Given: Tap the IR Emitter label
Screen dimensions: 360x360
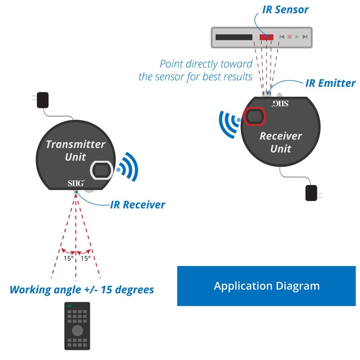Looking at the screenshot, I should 330,83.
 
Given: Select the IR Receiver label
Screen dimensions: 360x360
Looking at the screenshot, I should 138,205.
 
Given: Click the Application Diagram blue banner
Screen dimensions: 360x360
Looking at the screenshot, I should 266,286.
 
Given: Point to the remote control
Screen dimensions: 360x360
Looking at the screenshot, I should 77,326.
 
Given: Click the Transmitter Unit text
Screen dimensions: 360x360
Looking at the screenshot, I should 75,151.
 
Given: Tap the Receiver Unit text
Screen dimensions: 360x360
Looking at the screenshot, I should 281,142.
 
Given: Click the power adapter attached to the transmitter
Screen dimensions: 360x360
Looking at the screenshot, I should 42,99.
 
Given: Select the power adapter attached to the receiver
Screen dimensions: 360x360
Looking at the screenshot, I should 311,193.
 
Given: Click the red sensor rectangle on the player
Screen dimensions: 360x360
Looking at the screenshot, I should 266,37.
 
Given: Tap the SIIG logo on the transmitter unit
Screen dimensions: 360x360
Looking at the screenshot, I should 75,183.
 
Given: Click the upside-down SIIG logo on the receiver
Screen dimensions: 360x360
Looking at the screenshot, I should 279,104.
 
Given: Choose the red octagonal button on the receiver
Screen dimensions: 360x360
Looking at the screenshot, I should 255,117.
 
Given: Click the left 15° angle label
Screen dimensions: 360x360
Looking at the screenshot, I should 67,259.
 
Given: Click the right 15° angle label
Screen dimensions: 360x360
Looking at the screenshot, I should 85,259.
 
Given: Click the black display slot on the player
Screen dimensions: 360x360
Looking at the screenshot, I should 234,37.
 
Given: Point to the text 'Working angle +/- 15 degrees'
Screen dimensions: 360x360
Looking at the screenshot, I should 81,289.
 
